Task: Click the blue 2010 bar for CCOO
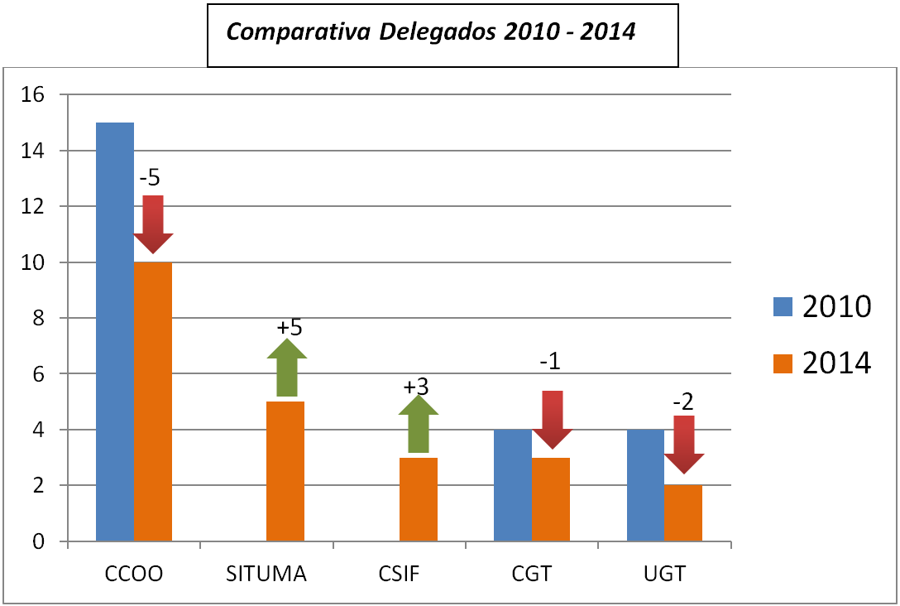click(115, 331)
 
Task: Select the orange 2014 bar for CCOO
click(153, 402)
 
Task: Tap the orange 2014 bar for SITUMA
click(285, 471)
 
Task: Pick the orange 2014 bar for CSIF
click(419, 499)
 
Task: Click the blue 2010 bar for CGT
click(513, 485)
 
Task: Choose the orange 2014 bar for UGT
click(683, 513)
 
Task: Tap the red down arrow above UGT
click(684, 444)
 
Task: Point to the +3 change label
click(417, 387)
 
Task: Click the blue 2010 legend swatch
click(783, 306)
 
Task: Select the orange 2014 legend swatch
click(783, 363)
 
